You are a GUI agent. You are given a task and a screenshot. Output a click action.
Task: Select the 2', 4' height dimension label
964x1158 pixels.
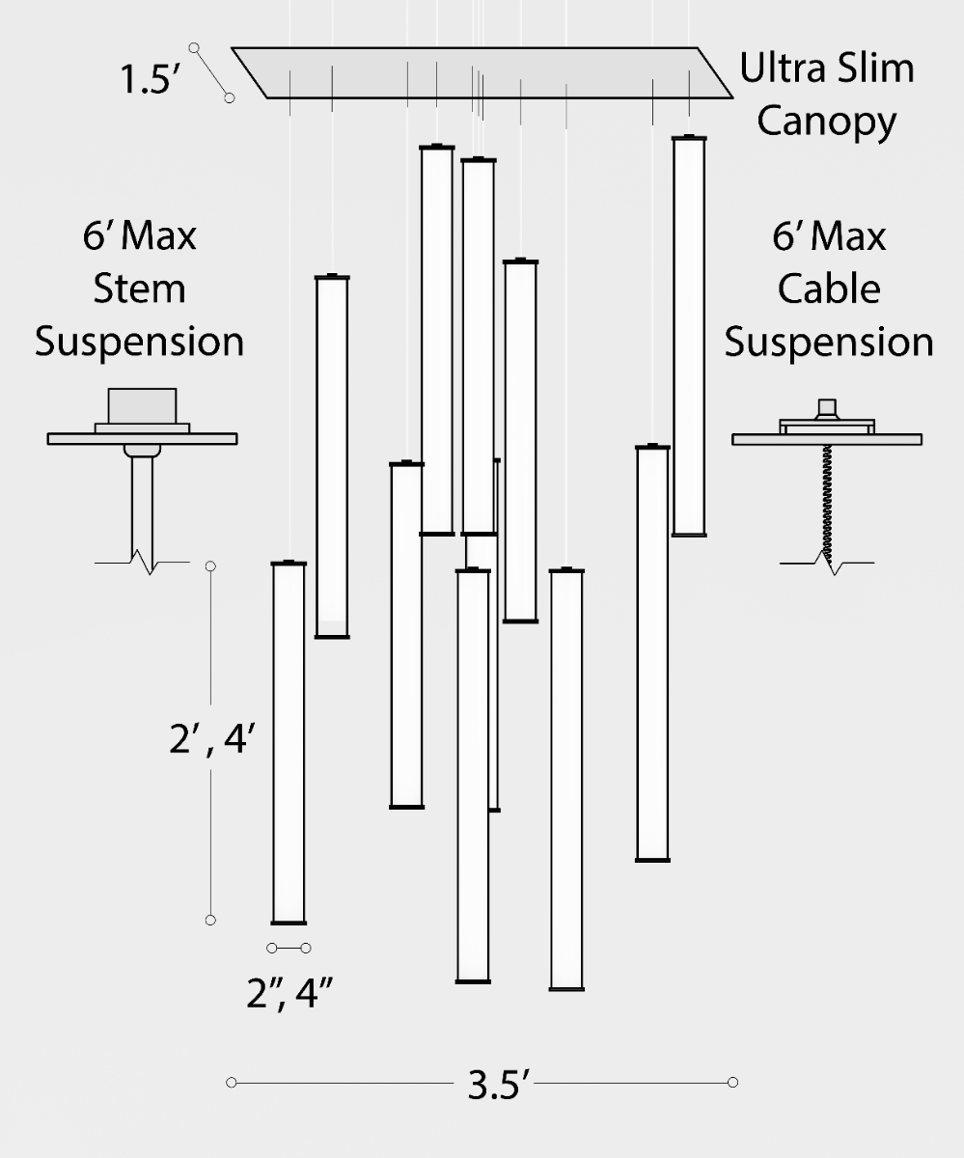coord(210,741)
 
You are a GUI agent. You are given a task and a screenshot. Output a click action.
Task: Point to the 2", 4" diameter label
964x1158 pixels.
coord(290,992)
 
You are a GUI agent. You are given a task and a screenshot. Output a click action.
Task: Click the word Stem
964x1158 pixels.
coord(139,289)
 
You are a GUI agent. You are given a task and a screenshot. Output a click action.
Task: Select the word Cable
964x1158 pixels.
coord(829,289)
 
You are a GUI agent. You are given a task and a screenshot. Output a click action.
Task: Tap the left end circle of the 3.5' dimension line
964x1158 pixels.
coord(231,1082)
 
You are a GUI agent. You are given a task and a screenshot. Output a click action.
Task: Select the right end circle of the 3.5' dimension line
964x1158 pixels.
coord(733,1082)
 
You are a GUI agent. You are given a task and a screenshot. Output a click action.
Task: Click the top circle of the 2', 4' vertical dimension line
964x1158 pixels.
coord(210,565)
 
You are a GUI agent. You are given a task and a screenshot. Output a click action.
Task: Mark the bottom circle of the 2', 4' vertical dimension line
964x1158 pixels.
coord(210,920)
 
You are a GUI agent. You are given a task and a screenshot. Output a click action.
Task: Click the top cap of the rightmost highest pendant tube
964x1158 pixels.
coord(689,138)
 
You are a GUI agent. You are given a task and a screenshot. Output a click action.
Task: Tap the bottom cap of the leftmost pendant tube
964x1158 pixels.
coord(289,923)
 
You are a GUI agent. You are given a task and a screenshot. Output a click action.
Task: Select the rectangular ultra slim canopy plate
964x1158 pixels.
coord(482,72)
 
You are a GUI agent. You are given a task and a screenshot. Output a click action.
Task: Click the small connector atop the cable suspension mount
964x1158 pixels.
coord(826,406)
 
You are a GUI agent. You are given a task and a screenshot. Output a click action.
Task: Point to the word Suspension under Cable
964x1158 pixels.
coord(829,342)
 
